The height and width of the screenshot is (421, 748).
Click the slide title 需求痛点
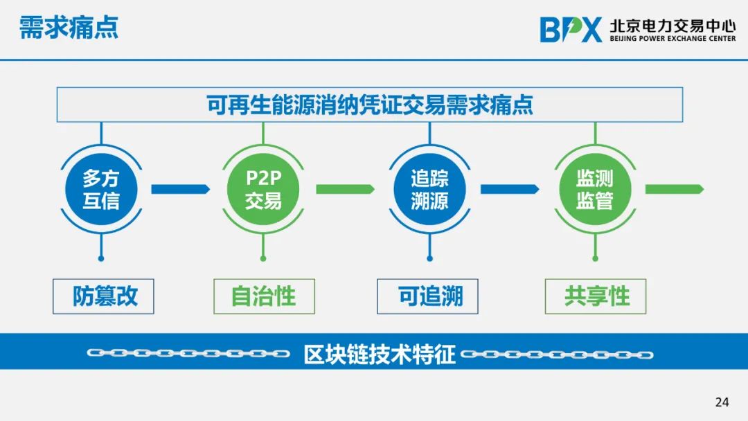coord(69,27)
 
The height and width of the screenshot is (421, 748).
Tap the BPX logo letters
coord(571,30)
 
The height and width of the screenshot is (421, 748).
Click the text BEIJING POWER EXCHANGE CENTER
coord(673,39)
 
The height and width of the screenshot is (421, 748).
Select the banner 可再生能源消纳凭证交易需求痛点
coord(370,105)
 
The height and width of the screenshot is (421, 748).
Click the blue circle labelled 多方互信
coord(101,189)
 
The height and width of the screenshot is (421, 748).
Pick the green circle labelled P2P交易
coord(263,189)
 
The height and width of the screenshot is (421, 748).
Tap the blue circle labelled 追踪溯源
coord(430,189)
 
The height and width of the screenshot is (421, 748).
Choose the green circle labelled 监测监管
coord(595,189)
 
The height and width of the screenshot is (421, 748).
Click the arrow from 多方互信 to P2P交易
coord(180,189)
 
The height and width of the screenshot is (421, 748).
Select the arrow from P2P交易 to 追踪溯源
coord(346,189)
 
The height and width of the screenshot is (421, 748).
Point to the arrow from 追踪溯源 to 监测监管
coord(510,189)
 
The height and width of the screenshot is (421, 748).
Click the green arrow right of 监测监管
coord(675,189)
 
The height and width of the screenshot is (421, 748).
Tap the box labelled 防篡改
coord(103,296)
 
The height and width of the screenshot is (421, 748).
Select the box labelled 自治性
coord(265,296)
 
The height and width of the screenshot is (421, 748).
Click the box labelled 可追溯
coord(427,296)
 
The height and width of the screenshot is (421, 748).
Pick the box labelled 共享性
coord(596,296)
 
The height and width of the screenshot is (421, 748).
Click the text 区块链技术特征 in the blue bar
coord(380,355)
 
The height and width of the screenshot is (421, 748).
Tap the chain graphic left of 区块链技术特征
coord(188,353)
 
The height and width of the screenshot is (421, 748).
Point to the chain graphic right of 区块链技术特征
coord(557,355)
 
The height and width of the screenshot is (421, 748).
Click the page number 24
coord(722,402)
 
